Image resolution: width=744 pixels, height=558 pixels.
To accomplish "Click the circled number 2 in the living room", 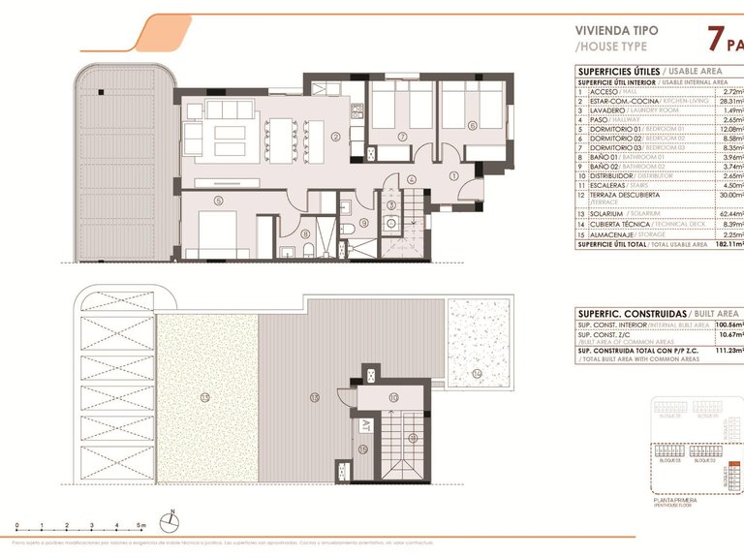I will click(x=335, y=137).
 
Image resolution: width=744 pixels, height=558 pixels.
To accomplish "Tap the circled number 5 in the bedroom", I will click(x=219, y=201).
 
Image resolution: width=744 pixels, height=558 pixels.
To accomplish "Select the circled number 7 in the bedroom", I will click(x=402, y=137).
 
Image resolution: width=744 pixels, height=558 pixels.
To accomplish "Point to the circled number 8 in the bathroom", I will click(x=306, y=232).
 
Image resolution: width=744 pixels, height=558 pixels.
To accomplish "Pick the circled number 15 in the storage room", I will click(x=362, y=449).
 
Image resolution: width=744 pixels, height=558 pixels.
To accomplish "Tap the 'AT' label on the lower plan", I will click(x=366, y=424).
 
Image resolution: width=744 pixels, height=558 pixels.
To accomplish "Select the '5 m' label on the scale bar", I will click(x=141, y=524).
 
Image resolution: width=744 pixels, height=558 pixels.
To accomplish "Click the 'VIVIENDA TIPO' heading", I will click(x=616, y=30).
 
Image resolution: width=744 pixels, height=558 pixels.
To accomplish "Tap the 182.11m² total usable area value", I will click(x=727, y=245).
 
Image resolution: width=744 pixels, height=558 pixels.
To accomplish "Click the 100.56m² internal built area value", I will click(x=727, y=325).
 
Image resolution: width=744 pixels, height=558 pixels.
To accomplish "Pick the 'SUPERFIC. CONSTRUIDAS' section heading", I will click(x=631, y=314).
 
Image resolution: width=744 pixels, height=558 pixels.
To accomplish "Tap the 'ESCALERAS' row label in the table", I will click(x=606, y=184).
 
